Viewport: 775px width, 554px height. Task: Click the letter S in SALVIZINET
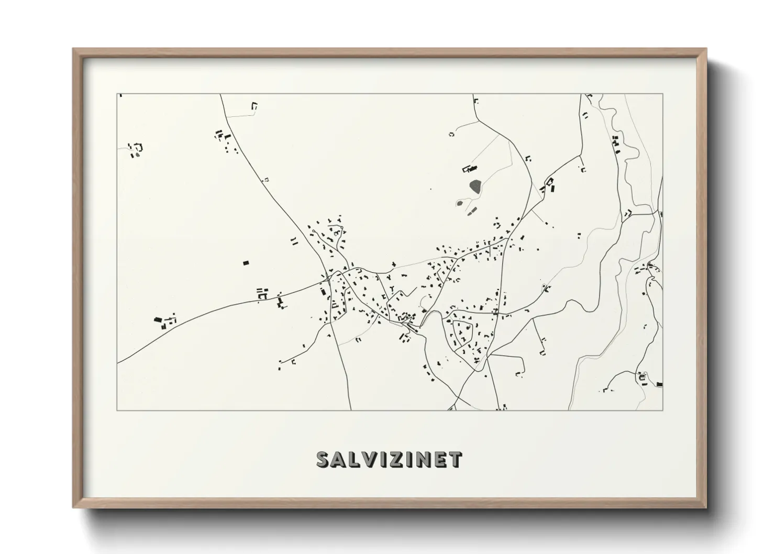(323, 459)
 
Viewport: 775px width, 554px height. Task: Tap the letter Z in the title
(393, 459)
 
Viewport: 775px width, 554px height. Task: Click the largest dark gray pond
(475, 186)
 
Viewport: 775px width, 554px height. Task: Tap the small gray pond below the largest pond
(460, 203)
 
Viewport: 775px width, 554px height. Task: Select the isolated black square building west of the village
(245, 263)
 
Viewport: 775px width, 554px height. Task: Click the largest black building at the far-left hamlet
(158, 319)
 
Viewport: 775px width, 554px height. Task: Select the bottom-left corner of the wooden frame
(74, 507)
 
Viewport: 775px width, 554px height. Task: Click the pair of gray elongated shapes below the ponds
(471, 212)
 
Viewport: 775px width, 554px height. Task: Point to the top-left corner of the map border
(117, 94)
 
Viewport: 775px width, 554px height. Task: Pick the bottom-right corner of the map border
(663, 410)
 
